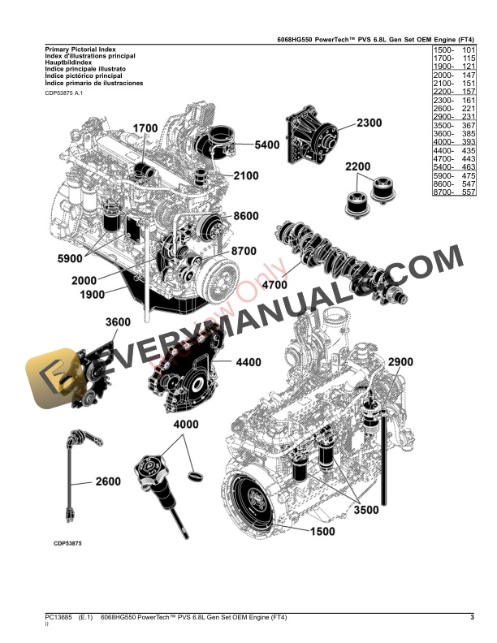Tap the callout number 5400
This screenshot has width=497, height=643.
click(266, 145)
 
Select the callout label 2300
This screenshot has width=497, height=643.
click(369, 123)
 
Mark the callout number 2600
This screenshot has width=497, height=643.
click(107, 481)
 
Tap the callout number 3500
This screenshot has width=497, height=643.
click(365, 511)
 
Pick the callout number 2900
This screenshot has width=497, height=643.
click(400, 361)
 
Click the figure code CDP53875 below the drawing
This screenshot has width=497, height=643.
click(69, 543)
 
